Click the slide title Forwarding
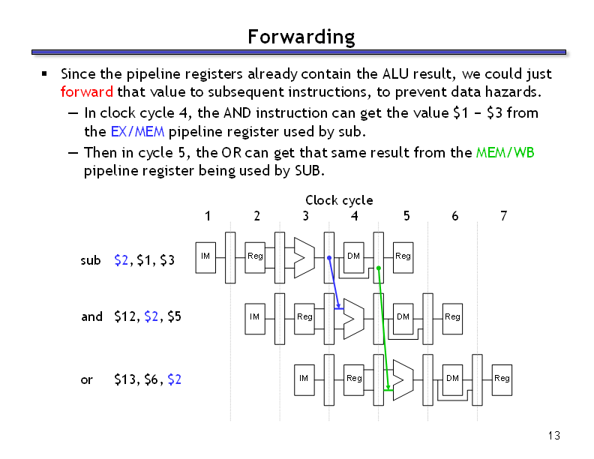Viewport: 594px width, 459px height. click(301, 37)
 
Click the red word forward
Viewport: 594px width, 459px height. click(87, 91)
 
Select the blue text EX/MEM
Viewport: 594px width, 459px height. click(137, 131)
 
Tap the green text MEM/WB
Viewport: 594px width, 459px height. click(505, 152)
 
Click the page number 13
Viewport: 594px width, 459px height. click(553, 436)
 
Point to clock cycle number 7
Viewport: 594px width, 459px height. click(503, 216)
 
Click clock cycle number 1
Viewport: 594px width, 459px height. click(208, 216)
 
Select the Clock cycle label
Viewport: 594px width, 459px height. click(339, 200)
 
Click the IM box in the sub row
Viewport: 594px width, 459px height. click(205, 257)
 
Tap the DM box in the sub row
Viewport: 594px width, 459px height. click(354, 257)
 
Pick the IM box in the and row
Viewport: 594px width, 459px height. click(255, 319)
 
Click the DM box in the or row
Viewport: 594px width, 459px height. click(453, 380)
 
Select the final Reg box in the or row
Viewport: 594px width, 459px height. click(502, 380)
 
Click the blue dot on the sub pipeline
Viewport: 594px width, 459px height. click(329, 257)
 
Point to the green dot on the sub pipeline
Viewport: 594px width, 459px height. click(379, 268)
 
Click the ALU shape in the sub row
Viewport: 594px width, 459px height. click(304, 258)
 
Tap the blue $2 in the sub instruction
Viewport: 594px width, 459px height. click(121, 260)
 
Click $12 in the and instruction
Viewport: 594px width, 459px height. click(125, 316)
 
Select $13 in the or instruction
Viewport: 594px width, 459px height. click(125, 379)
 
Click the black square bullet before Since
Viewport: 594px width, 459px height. click(44, 73)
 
